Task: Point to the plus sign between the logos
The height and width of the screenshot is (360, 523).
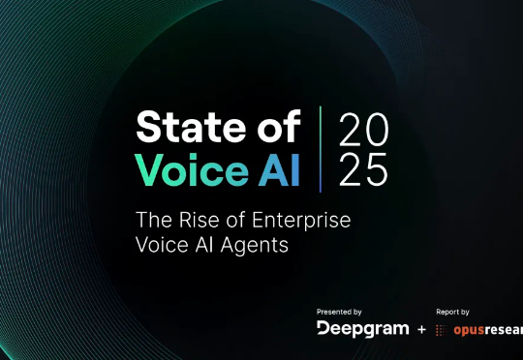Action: click(420, 330)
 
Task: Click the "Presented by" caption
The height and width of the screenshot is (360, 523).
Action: click(339, 312)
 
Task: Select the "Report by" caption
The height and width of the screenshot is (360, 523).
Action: click(454, 312)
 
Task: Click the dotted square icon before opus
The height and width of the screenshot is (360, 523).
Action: click(442, 330)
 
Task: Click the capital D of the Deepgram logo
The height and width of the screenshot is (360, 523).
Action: click(323, 329)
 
